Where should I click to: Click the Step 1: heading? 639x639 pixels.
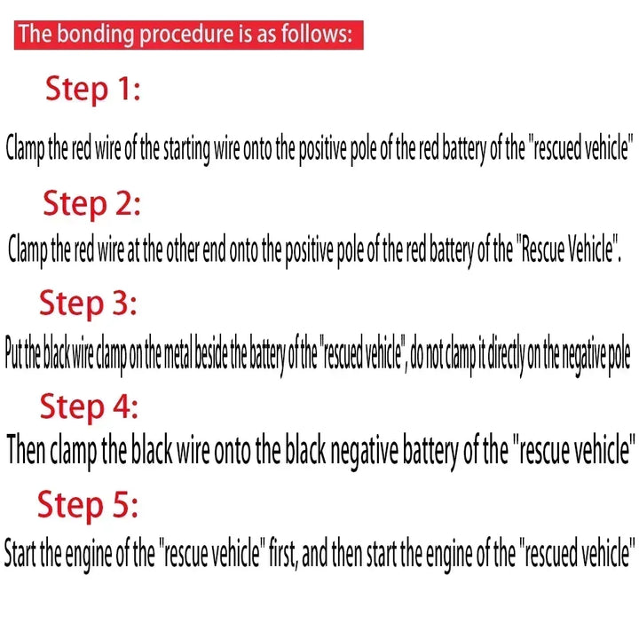93,90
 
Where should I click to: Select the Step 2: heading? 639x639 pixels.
92,205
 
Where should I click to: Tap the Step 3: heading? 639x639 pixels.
88,304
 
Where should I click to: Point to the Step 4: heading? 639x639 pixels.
89,407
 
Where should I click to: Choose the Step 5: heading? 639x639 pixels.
88,506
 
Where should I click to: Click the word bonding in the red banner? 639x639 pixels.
95,35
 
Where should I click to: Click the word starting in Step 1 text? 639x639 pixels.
186,148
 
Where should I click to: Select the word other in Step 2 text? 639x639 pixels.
177,249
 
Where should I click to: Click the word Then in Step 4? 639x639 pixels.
26,449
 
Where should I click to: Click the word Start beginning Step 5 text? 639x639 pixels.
20,553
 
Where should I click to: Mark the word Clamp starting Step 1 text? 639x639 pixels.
25,148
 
